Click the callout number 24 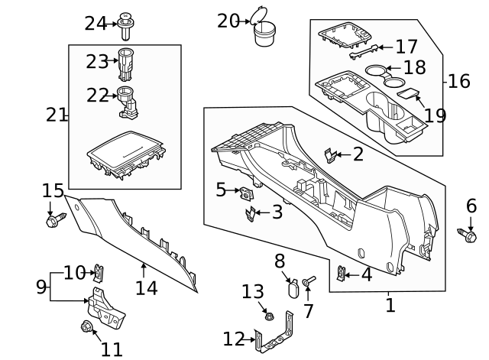(96, 23)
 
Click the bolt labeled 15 (53, 222)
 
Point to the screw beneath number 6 (469, 235)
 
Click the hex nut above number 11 (86, 327)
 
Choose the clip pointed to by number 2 (329, 155)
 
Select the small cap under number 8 (292, 288)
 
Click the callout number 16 (459, 81)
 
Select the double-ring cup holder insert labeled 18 (386, 75)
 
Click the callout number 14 (146, 288)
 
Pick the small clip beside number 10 (99, 271)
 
